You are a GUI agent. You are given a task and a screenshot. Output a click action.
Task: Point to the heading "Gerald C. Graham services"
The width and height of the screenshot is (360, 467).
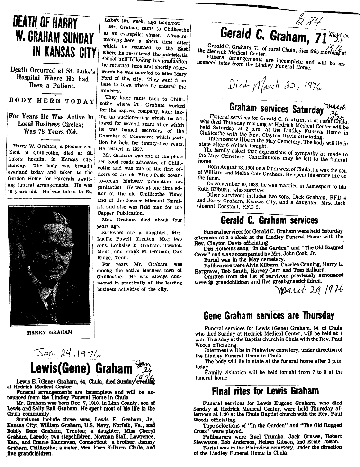tap(269, 220)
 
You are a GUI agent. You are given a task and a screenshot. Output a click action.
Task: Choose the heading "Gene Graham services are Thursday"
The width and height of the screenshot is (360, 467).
tap(269, 315)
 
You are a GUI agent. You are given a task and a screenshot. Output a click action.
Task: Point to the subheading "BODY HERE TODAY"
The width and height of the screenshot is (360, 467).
tap(52, 101)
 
